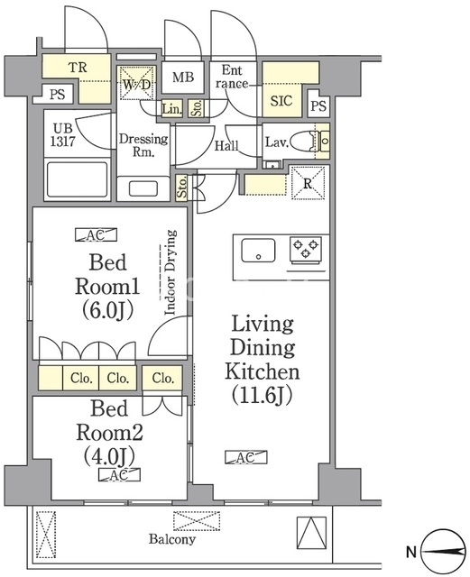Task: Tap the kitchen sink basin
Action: click(x=258, y=251)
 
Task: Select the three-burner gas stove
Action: click(x=305, y=251)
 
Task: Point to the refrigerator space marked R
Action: click(x=309, y=183)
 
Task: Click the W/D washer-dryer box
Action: click(x=136, y=83)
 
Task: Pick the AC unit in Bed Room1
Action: click(x=96, y=234)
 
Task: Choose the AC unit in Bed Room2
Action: click(x=119, y=475)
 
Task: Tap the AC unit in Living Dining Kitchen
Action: click(x=246, y=457)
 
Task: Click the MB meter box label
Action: click(x=183, y=78)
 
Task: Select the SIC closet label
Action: click(x=281, y=100)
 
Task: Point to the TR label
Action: click(x=78, y=68)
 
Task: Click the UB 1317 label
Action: click(x=63, y=134)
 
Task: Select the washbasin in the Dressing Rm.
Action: click(x=143, y=188)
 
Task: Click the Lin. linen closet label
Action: click(x=172, y=109)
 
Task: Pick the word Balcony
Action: click(x=172, y=539)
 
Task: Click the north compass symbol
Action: click(x=443, y=551)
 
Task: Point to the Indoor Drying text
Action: click(x=170, y=272)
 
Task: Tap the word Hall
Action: click(x=226, y=146)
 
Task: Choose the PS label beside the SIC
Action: click(x=318, y=106)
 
